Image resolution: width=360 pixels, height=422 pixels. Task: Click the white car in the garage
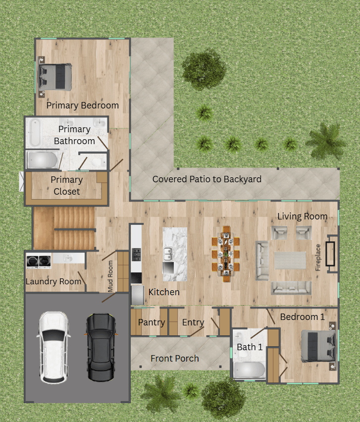point(53,347)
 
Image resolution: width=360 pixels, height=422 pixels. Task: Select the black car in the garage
point(101,347)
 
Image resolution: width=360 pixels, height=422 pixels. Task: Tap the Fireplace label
point(318,257)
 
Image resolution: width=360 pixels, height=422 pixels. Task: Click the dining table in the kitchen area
point(225,254)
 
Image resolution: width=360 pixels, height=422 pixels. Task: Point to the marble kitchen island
point(175,254)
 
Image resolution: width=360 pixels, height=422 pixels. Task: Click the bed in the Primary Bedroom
point(55,77)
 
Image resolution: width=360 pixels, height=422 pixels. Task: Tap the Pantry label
point(152,322)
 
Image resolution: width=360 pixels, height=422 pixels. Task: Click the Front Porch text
point(175,359)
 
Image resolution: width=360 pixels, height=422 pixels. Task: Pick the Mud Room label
point(110,276)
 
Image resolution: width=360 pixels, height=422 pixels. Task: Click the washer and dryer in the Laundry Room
point(39,261)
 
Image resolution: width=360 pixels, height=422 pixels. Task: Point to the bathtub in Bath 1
point(249,370)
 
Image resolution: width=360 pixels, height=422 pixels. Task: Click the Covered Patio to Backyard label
point(207,179)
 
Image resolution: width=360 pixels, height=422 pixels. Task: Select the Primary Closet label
point(67,185)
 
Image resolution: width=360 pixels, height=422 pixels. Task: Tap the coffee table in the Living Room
point(290,260)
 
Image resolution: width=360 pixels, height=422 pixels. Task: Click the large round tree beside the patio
point(204,69)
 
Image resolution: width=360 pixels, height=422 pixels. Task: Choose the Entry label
point(193,322)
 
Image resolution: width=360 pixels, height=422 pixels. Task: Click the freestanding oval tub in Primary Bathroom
point(35,133)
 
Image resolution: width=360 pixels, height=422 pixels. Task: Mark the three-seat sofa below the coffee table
point(291,288)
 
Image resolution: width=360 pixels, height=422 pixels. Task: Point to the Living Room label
point(303,216)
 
